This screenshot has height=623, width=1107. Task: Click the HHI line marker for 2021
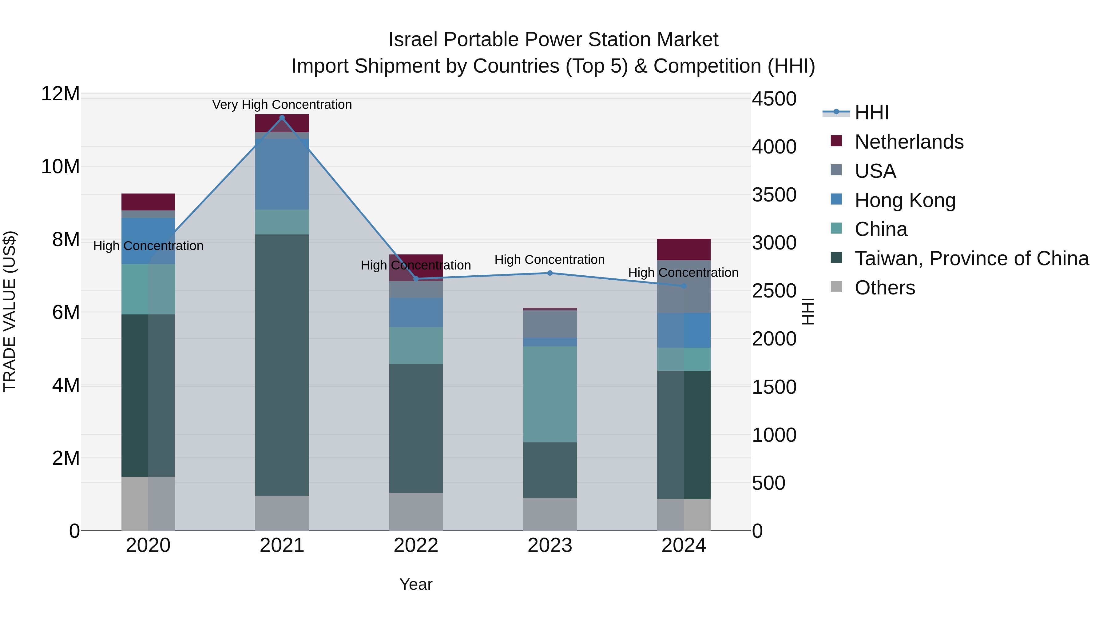tap(282, 118)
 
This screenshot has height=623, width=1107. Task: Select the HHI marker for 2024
tap(684, 286)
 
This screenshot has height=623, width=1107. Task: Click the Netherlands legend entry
tap(909, 142)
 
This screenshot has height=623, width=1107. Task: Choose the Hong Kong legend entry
tap(905, 200)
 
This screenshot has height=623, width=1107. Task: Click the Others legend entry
tap(884, 288)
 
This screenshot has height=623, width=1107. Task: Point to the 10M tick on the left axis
tap(60, 167)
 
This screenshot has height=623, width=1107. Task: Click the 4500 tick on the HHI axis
tap(774, 99)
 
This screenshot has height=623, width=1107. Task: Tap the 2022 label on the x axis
tap(415, 545)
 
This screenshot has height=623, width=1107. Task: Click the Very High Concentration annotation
tap(282, 105)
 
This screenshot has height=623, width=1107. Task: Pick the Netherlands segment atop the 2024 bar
tap(684, 250)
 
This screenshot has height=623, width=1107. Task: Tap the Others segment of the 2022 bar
tap(415, 511)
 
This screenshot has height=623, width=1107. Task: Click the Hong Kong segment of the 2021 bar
tap(282, 174)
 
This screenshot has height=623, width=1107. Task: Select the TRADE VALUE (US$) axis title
tap(10, 311)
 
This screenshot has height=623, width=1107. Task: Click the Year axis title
tap(415, 584)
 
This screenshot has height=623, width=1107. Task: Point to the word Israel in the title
tap(413, 40)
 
